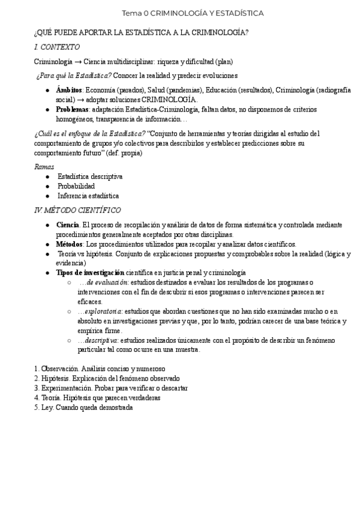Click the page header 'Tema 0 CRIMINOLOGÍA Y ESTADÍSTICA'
[193, 13]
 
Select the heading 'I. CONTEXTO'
[57, 47]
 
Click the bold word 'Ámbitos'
[69, 90]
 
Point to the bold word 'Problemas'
[73, 110]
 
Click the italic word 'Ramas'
[44, 167]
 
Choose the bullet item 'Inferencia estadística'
[88, 196]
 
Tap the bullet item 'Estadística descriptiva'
[90, 176]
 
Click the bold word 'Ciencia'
[67, 224]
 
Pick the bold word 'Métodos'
[70, 244]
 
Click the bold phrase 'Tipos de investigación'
[89, 273]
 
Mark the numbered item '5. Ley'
[44, 407]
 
